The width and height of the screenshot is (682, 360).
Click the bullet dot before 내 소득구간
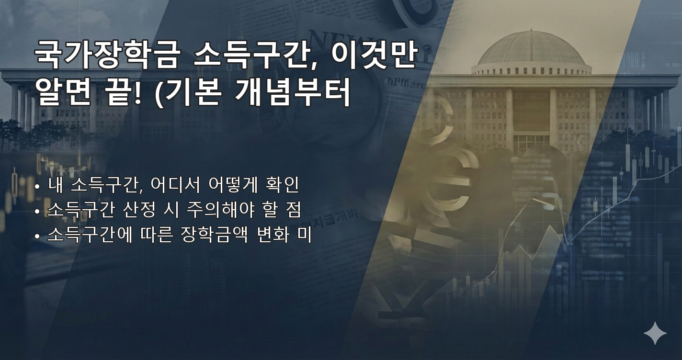pos(37,186)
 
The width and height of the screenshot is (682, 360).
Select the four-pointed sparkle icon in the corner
pos(655,333)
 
